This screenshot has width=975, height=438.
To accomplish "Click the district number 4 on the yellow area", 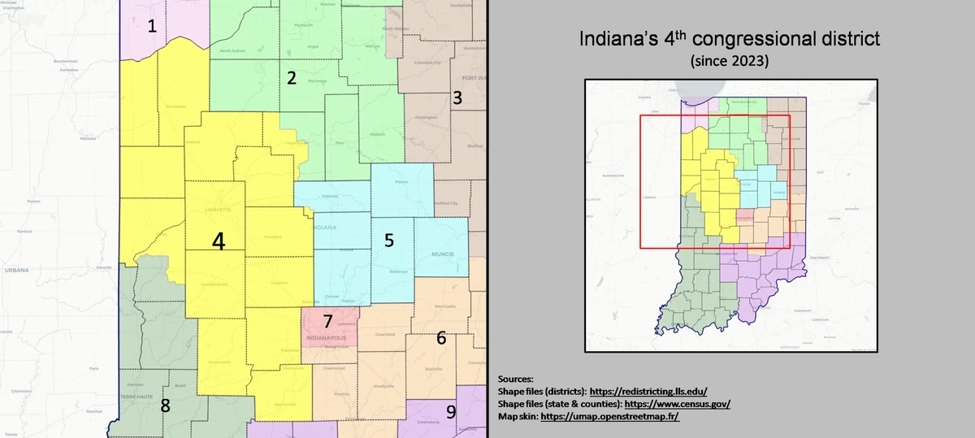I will point(217,241).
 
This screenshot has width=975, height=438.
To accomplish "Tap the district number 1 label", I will point(152,26).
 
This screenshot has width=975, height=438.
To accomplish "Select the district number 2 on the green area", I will point(291,79).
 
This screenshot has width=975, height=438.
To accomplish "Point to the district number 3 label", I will point(457,98).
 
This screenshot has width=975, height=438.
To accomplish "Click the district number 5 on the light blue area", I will point(389,241).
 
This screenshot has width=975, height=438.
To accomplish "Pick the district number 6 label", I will point(441,337).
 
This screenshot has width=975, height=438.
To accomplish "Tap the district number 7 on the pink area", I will point(327,321).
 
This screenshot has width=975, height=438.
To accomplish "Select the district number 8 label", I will point(165,405).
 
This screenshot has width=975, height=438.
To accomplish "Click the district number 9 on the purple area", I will point(451,411).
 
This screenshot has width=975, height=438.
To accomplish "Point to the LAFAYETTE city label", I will point(215,210).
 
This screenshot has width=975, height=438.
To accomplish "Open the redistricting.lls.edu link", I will point(648,391).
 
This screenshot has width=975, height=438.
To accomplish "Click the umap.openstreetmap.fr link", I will point(609,417).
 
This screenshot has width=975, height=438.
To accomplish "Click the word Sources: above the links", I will point(515,379).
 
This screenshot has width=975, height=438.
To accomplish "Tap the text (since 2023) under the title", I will point(730,61).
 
